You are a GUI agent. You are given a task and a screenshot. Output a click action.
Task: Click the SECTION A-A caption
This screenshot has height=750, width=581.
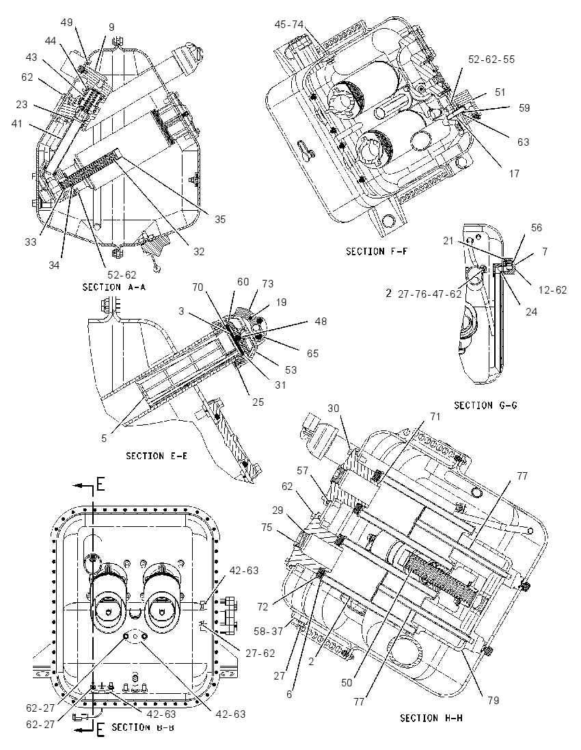(x=113, y=287)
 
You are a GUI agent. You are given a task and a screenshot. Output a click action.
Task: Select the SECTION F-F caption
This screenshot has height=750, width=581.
(x=377, y=251)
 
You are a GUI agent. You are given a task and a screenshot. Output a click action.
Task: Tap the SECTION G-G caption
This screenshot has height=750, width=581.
(x=485, y=406)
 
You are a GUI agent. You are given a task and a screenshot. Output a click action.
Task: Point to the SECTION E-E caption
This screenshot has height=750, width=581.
(x=157, y=456)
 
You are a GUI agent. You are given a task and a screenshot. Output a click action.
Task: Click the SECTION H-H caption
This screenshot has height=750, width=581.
(x=431, y=718)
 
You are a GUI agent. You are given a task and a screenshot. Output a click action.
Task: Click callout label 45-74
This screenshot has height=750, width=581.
(x=290, y=25)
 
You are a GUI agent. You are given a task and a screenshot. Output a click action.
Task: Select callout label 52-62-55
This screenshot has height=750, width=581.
(x=491, y=60)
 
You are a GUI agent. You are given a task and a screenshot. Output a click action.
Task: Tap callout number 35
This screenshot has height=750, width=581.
(x=220, y=220)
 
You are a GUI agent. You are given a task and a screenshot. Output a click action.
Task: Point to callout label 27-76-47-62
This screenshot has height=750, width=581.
(x=429, y=293)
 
